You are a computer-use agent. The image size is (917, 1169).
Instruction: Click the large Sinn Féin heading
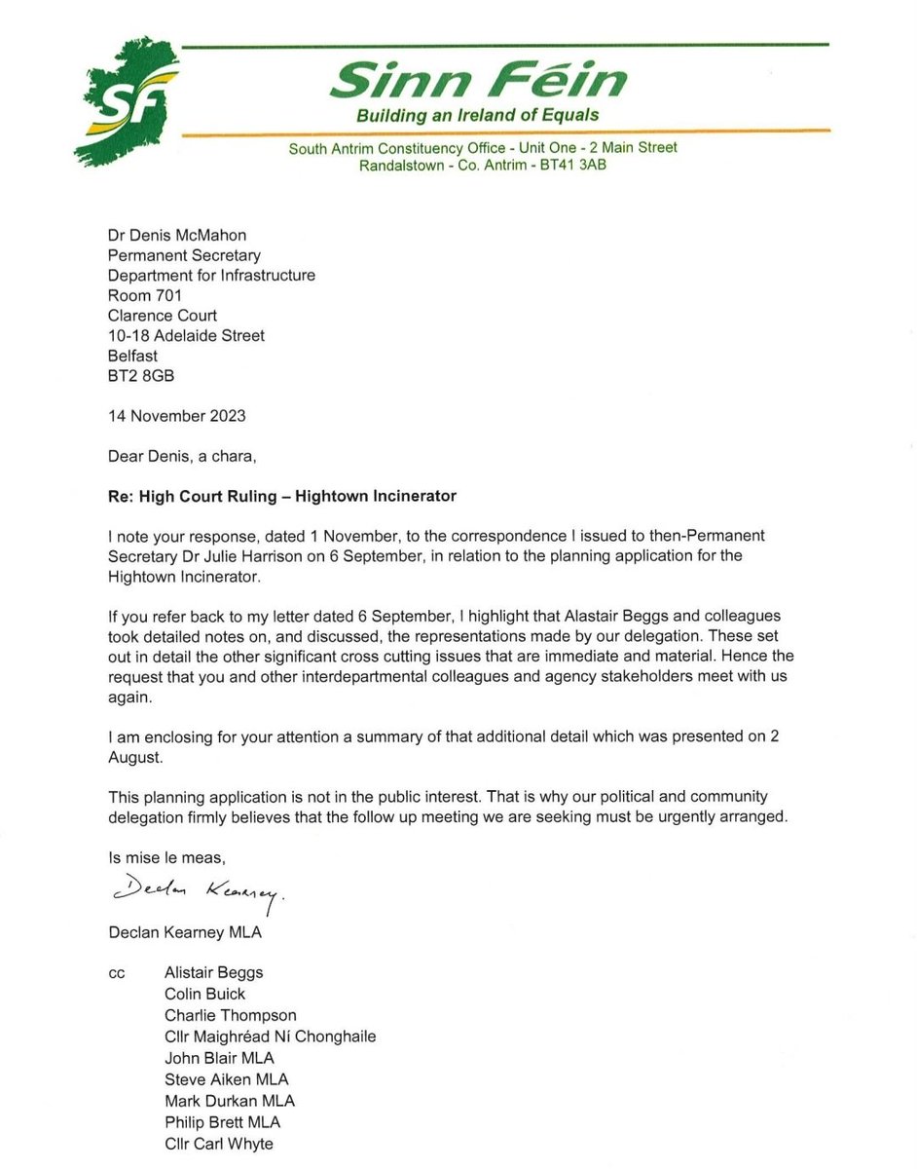[478, 79]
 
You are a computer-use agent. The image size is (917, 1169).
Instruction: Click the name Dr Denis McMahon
[177, 235]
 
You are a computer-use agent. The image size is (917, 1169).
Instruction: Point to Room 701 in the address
[145, 295]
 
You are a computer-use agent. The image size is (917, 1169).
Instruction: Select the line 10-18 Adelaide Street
[187, 335]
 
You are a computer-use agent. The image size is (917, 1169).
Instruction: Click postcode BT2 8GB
[142, 375]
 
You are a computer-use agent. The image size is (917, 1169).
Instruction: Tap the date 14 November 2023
[177, 416]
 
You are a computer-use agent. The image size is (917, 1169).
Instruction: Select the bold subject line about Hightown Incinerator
[281, 496]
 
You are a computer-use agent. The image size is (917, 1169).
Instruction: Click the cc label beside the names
[118, 973]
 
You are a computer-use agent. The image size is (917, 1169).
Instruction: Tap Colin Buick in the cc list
[204, 994]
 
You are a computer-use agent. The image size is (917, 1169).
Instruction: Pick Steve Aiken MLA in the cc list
[226, 1079]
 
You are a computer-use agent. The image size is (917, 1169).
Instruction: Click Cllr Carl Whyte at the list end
[219, 1144]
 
